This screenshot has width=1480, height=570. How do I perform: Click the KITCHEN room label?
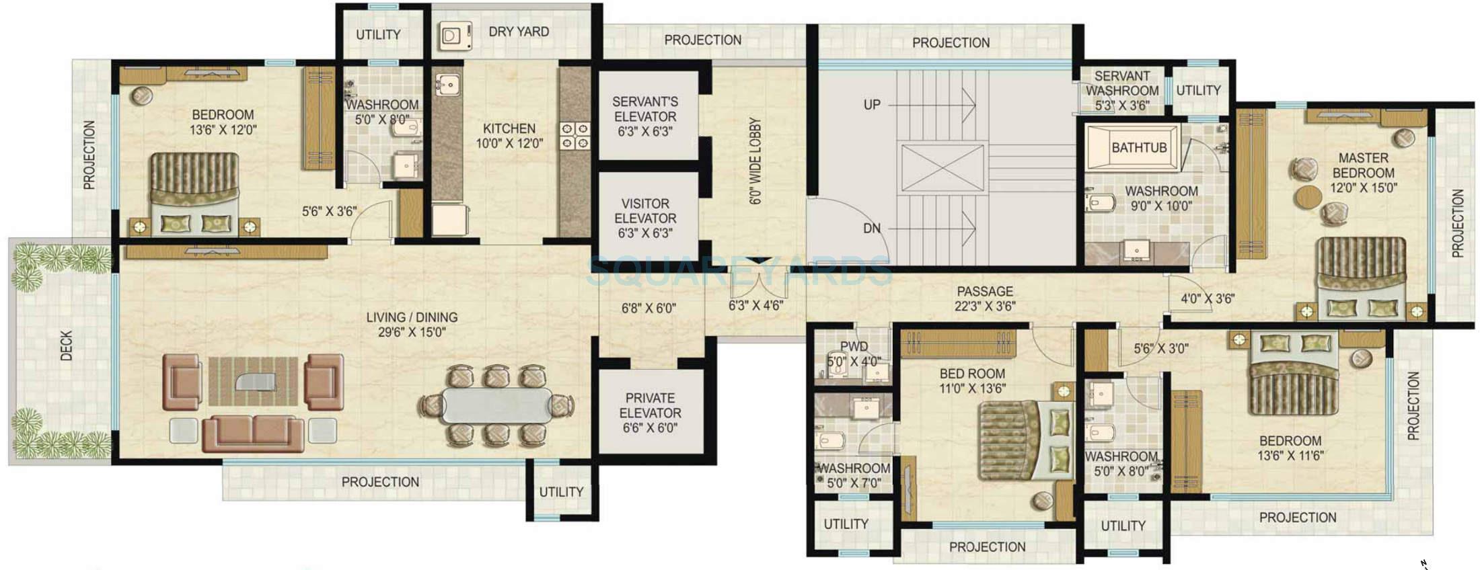click(x=509, y=128)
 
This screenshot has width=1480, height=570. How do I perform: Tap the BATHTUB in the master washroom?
click(x=1138, y=147)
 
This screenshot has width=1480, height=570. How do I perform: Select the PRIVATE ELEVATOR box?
click(x=650, y=411)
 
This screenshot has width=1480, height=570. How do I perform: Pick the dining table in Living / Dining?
click(x=496, y=405)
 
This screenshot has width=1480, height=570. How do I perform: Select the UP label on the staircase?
click(x=871, y=105)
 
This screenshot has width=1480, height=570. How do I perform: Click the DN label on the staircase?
click(x=871, y=229)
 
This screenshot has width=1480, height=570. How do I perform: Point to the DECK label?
click(x=66, y=345)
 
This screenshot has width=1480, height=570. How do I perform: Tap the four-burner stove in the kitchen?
click(x=575, y=135)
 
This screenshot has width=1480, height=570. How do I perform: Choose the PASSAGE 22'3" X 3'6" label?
click(x=984, y=298)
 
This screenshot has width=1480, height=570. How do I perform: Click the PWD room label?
click(x=853, y=347)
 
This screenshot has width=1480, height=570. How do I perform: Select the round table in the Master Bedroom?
click(x=1308, y=197)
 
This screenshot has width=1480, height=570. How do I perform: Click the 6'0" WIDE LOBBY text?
click(x=755, y=161)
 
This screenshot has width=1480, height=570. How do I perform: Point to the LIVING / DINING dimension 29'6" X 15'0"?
click(x=412, y=332)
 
